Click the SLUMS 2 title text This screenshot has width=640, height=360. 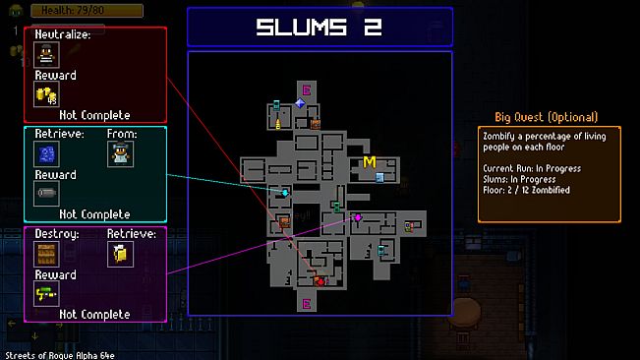coord(320,28)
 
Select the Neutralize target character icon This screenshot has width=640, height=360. coord(46,55)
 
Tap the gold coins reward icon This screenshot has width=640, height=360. coord(46,94)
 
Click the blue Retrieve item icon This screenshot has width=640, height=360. coord(46,152)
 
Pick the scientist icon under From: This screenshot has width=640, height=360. coord(120,152)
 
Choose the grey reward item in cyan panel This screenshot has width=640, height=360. coord(46,193)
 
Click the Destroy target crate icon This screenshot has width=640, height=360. coord(46,254)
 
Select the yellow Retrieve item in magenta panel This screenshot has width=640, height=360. coord(120,254)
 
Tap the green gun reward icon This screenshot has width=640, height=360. coord(46,294)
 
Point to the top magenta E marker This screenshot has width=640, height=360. coord(306,90)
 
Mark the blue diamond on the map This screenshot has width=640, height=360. coord(299,103)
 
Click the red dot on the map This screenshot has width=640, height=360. coord(319,281)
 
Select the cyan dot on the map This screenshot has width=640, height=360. coord(285,194)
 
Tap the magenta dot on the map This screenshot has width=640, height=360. coord(358,217)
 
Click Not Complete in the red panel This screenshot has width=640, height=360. coord(94,114)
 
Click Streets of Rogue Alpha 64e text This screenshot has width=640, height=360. coord(61,353)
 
